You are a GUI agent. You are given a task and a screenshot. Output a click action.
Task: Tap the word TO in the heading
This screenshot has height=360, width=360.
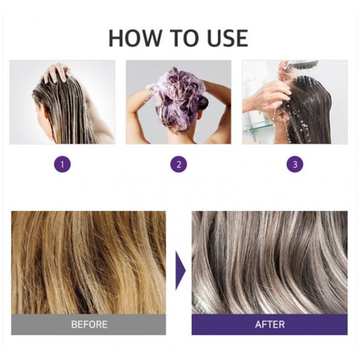[x=185, y=38]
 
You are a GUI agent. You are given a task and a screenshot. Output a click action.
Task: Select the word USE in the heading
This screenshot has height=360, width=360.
[x=227, y=38]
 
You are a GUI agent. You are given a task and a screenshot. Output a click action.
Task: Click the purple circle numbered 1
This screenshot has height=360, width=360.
[x=62, y=164]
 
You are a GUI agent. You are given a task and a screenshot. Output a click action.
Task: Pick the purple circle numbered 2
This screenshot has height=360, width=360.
[x=179, y=164]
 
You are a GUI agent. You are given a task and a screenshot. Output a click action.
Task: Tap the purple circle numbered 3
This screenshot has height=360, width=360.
[x=295, y=164]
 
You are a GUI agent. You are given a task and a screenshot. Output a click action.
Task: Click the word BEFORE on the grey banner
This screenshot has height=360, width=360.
[x=89, y=325]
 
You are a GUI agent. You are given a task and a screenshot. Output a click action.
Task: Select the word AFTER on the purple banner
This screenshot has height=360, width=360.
[x=270, y=325]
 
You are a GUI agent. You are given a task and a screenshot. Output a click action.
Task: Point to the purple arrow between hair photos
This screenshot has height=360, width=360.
[x=181, y=271]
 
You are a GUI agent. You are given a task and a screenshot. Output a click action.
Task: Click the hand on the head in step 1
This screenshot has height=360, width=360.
[x=56, y=73]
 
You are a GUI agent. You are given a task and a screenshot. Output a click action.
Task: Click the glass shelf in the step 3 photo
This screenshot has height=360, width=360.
[x=258, y=127]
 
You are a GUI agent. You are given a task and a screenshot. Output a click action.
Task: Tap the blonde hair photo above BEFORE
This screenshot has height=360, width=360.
[x=88, y=263]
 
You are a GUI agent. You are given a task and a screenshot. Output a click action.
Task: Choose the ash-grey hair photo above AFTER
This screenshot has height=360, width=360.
[x=269, y=263]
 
